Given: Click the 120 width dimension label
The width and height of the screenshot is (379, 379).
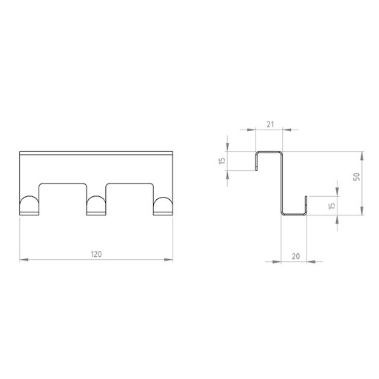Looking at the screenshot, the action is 96,254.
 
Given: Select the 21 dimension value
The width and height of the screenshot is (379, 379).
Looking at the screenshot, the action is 270,124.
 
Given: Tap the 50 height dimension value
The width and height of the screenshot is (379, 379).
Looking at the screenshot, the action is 357,177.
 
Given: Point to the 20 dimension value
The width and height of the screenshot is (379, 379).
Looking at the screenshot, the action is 295,256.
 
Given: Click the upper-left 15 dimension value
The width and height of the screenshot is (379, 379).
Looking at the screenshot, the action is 222,161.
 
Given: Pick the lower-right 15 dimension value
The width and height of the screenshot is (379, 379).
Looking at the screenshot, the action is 332,206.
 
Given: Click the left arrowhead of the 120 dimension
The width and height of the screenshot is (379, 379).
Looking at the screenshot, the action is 24,260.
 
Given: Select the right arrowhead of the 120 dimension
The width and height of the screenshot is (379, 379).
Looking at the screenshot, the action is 169,260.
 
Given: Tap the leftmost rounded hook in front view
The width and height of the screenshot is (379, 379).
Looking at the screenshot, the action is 29,205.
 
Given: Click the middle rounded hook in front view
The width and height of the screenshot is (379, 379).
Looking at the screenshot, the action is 96,205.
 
